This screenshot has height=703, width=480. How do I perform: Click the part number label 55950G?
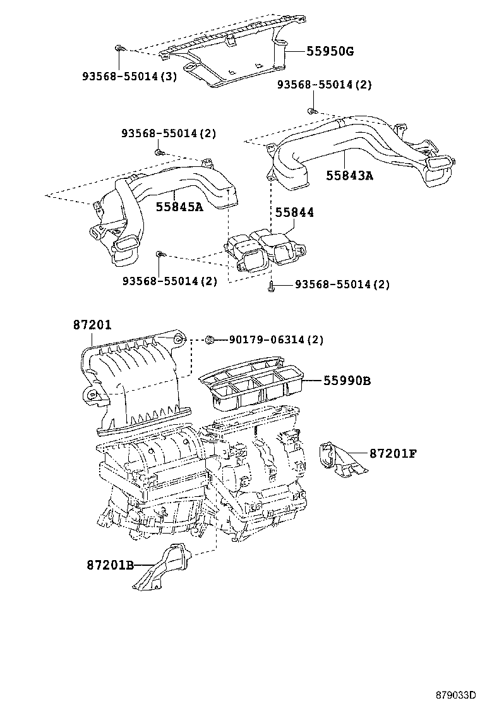pos(330,51)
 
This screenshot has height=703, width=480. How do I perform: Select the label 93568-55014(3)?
pos(129,76)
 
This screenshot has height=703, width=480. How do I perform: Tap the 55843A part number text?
pos(349,175)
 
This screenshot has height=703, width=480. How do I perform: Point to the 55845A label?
pos(179,206)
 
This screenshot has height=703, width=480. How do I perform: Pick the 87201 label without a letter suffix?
pos(92,325)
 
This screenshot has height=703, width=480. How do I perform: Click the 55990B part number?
pos(347,381)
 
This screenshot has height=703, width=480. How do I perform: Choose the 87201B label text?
pos(110,565)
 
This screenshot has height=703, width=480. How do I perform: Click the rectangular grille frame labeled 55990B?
pos(253,386)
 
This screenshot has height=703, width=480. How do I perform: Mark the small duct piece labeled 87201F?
pos(338,459)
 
